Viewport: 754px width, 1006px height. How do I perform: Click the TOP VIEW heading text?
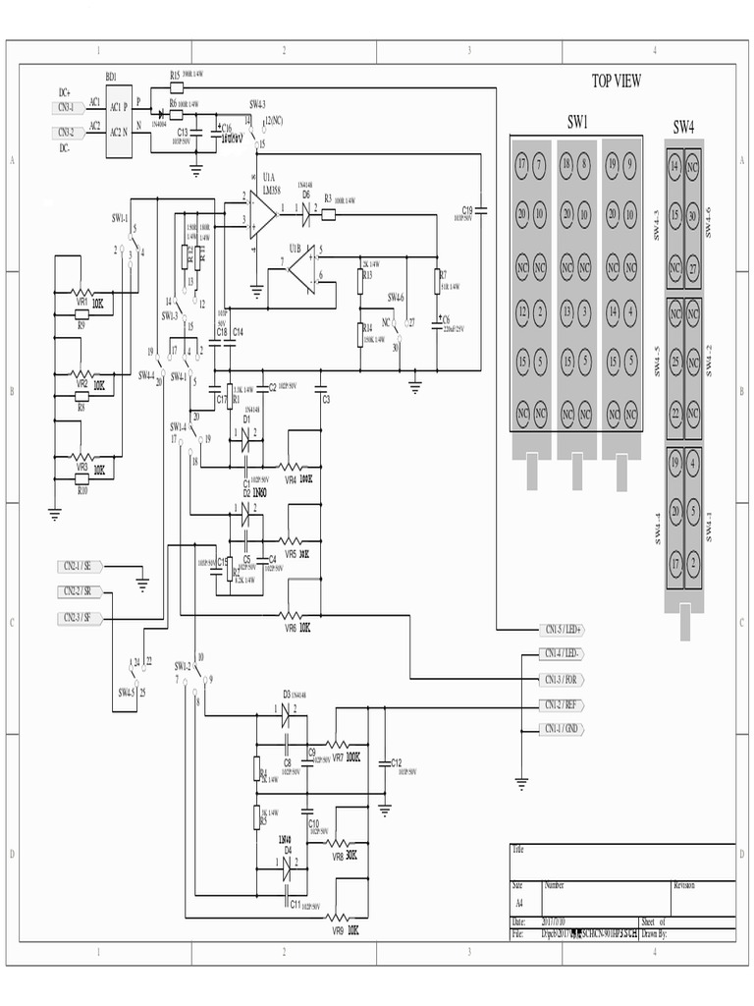(x=617, y=81)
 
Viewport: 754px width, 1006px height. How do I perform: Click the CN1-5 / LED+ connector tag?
(x=564, y=629)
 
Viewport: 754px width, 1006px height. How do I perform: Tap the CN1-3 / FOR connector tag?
(x=564, y=680)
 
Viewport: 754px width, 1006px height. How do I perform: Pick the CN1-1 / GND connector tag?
(x=564, y=729)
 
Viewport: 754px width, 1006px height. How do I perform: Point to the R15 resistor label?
(x=175, y=75)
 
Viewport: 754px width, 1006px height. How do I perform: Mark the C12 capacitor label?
(x=396, y=762)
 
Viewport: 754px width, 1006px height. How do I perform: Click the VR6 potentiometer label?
(x=291, y=627)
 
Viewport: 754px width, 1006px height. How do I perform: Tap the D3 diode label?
(x=287, y=694)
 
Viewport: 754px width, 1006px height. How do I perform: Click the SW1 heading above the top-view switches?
(x=576, y=123)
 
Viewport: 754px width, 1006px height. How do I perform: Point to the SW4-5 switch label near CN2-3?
(x=126, y=692)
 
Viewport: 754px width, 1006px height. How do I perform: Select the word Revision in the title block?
(x=684, y=885)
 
